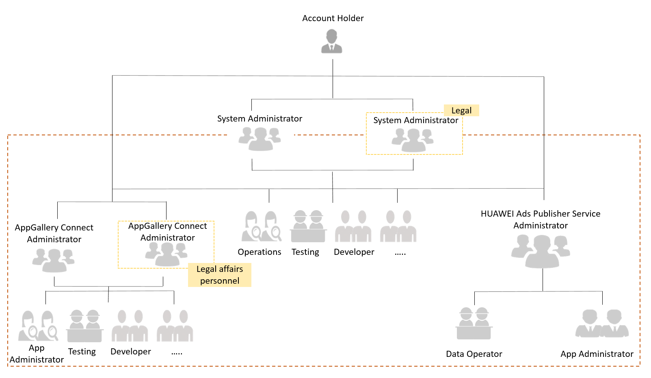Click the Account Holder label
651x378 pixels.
point(333,18)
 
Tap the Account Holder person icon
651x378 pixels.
point(332,41)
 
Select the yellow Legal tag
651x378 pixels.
point(461,111)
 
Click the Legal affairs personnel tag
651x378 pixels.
point(220,275)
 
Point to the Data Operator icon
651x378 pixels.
point(474,324)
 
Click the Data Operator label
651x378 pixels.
point(474,354)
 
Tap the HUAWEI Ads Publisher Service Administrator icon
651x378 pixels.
point(541,251)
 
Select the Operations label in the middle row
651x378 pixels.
point(259,252)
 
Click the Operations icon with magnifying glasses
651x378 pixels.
point(262,226)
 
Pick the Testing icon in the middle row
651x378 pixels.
point(308,226)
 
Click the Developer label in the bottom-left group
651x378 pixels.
point(130,352)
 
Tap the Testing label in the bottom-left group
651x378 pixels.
point(82,352)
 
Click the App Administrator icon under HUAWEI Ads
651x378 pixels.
point(602,324)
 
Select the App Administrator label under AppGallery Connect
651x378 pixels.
point(37,354)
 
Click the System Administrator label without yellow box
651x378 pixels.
point(260,119)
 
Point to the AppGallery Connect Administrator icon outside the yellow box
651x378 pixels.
point(53,260)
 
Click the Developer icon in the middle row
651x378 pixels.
point(353,226)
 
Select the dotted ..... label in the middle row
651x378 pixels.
point(400,253)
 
